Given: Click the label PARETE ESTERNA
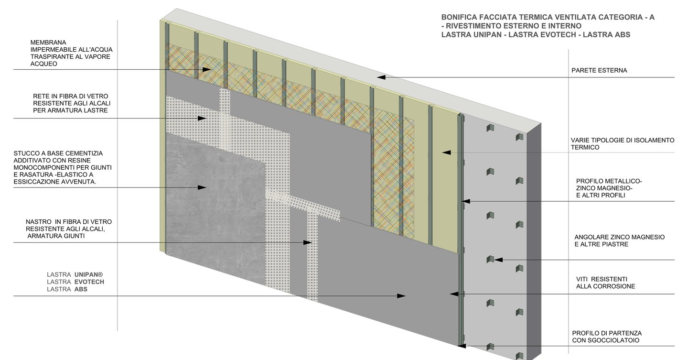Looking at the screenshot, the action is pyautogui.click(x=599, y=71).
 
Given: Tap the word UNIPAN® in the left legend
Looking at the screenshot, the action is pyautogui.click(x=89, y=274).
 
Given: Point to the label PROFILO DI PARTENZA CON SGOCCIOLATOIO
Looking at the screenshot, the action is pyautogui.click(x=607, y=337).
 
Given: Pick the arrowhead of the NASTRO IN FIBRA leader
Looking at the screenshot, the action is pyautogui.click(x=309, y=243).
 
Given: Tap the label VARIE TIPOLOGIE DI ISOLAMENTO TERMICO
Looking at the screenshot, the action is pyautogui.click(x=622, y=143).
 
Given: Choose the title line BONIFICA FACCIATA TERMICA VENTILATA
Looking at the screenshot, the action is pyautogui.click(x=548, y=17).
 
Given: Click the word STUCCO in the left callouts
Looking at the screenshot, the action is pyautogui.click(x=27, y=153).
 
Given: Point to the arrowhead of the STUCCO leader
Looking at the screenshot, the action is pyautogui.click(x=203, y=187).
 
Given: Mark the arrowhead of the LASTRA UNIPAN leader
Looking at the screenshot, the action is pyautogui.click(x=402, y=296).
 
